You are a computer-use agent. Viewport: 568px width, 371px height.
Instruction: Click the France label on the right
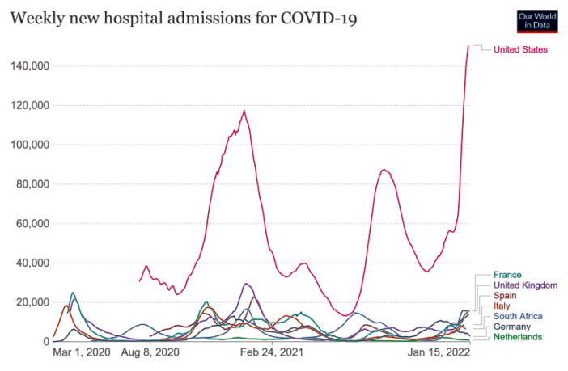(x=507, y=275)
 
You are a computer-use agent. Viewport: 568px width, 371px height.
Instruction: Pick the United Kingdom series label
(x=525, y=285)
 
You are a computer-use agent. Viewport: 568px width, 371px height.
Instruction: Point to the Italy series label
(x=502, y=306)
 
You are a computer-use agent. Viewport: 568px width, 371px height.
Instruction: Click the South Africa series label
(x=518, y=316)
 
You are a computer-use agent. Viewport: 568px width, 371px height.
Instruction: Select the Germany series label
(x=511, y=327)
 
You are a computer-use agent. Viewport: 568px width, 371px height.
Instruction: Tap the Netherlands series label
(x=517, y=337)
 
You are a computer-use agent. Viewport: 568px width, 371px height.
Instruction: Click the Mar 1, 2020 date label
(x=81, y=352)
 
